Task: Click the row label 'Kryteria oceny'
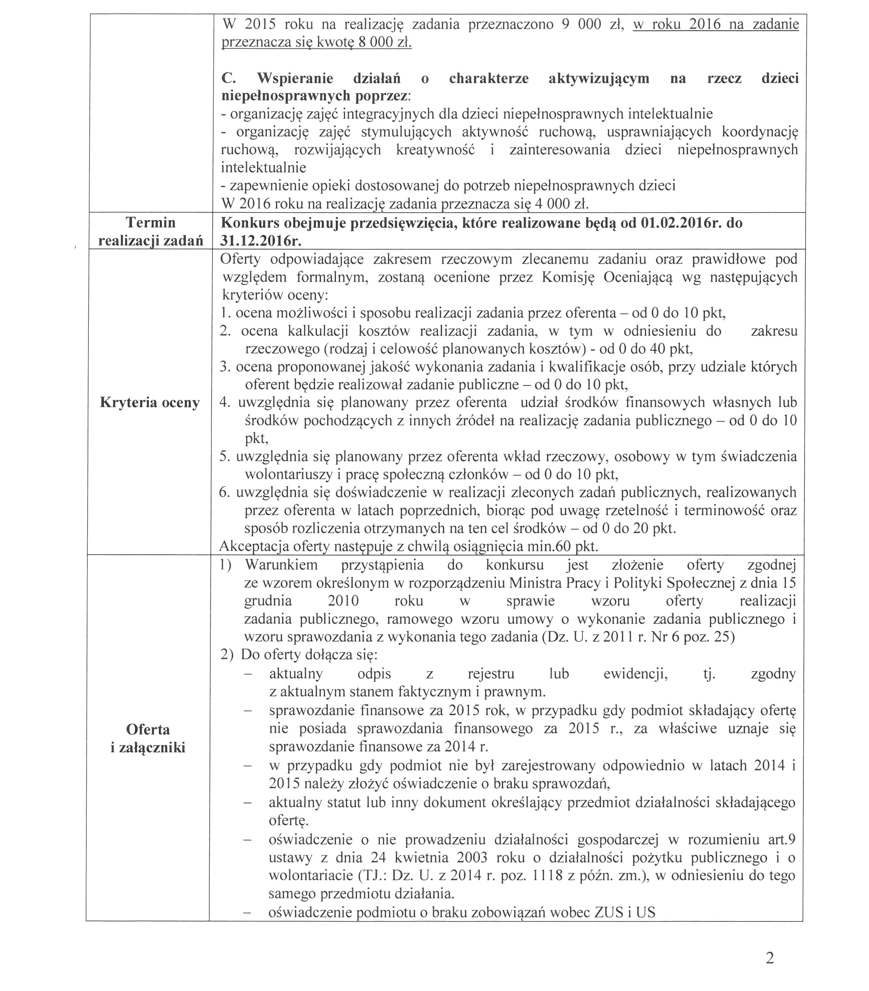pos(150,403)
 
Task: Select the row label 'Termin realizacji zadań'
pos(151,231)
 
